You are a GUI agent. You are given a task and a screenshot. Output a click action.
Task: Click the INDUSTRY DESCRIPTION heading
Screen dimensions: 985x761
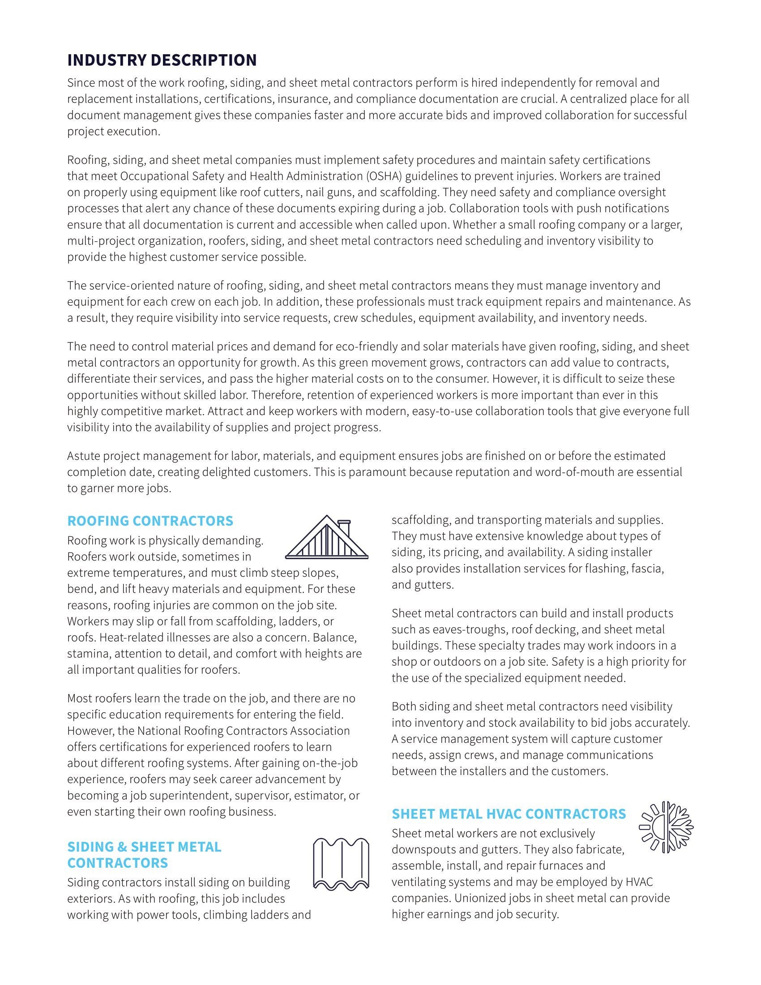162,60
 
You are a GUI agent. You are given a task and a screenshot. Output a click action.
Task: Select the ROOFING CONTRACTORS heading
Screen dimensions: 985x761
150,521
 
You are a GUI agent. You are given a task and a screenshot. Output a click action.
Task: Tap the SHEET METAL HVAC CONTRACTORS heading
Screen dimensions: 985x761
509,814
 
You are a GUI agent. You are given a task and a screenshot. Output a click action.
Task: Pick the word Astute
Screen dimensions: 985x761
84,456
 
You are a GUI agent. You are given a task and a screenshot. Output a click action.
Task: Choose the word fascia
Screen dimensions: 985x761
647,568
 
